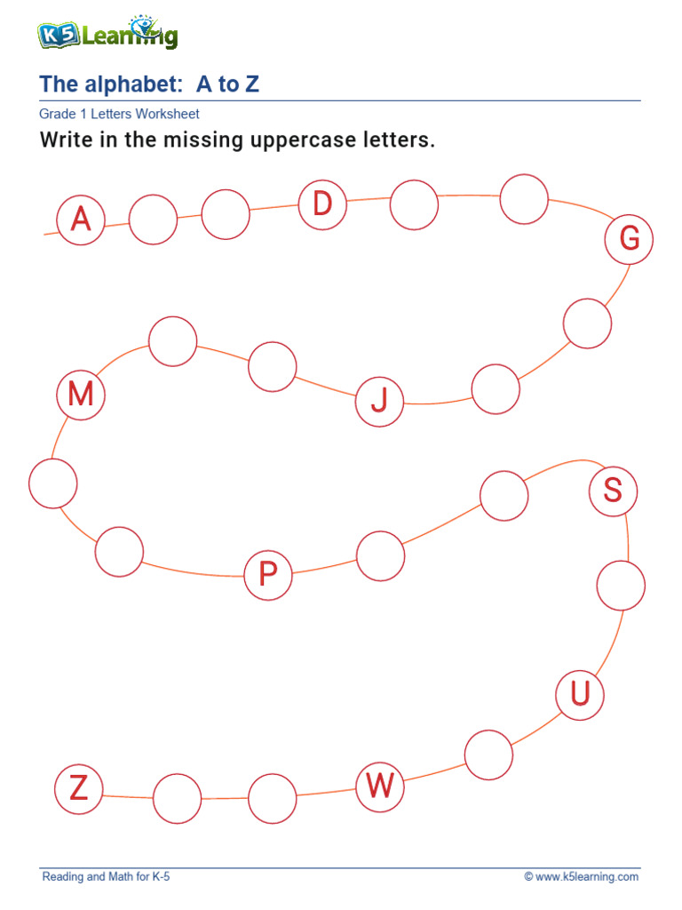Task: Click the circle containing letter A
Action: (81, 219)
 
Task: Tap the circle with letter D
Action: (322, 205)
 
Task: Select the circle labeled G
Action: (629, 239)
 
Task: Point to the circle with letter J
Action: (379, 402)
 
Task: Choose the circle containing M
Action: (81, 395)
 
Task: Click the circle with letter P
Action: (268, 575)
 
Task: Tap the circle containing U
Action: (580, 693)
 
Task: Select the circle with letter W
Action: (380, 786)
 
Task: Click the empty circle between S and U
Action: (621, 586)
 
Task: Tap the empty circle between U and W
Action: (488, 754)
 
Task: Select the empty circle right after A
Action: (154, 220)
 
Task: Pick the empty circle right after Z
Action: (178, 798)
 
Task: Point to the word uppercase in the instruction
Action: (299, 141)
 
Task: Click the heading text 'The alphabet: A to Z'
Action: (149, 84)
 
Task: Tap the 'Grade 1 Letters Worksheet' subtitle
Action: (119, 114)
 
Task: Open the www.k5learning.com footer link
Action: (586, 877)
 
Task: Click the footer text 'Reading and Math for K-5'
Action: (106, 877)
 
